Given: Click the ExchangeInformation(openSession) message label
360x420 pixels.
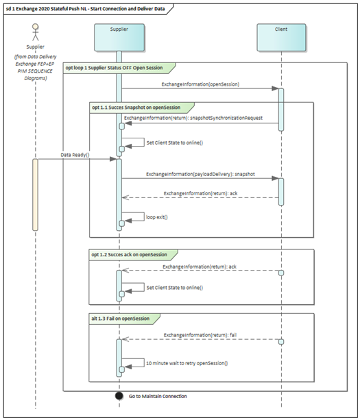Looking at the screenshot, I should [x=200, y=84].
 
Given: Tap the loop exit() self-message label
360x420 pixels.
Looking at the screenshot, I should [x=157, y=217].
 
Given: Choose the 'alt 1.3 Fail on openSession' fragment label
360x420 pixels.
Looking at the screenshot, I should [x=125, y=317].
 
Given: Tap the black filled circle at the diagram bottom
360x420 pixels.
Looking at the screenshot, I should [x=119, y=396].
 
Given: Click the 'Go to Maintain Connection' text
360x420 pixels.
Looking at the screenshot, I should [x=158, y=397].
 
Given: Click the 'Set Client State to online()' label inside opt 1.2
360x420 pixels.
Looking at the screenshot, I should [x=175, y=288].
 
